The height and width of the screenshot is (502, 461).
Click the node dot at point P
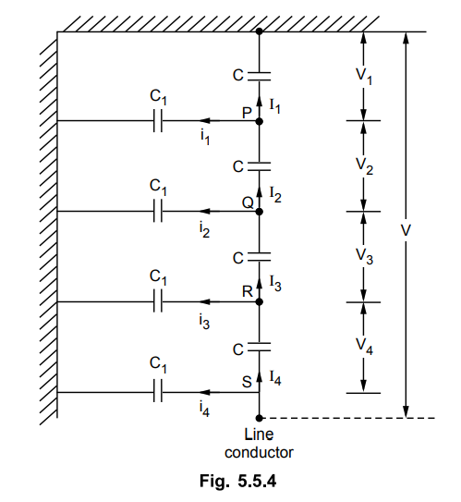pos(260,121)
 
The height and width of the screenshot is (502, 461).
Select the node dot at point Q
pos(260,212)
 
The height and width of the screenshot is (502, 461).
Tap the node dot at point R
pos(260,302)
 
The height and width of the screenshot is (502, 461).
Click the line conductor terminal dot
pos(260,418)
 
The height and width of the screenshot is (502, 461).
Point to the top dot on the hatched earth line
pos(260,31)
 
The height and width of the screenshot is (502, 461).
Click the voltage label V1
pos(364,76)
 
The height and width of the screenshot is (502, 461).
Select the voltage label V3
pos(364,257)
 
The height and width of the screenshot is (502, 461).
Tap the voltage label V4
pos(364,347)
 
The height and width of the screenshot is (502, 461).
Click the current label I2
pos(275,195)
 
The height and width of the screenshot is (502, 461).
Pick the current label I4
pos(275,378)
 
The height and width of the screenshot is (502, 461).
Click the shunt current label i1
pos(205,138)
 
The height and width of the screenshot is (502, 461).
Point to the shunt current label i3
pos(205,322)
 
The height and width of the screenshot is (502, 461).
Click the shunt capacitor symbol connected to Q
pos(158,212)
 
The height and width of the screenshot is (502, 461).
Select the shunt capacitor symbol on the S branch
pos(158,392)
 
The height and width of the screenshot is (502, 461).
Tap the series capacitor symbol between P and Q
pos(260,166)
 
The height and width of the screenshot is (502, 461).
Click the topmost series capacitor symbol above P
pos(260,76)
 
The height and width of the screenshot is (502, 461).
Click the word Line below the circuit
pos(259,435)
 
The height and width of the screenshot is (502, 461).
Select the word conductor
pos(259,452)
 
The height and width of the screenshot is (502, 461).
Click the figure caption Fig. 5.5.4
pos(238,481)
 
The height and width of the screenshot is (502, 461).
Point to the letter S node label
pos(247,382)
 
